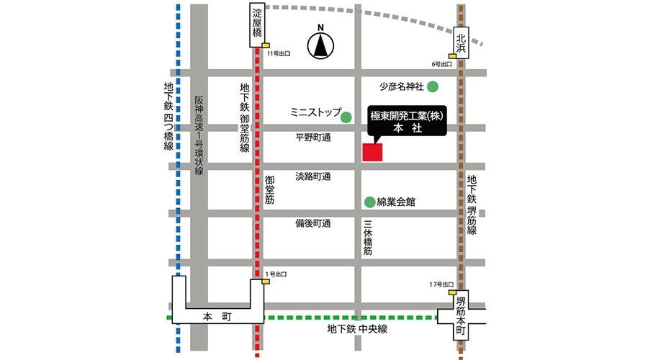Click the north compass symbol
coord(320,47)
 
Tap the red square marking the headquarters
coord(373,152)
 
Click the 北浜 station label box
coord(462,45)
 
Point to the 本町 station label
coord(214,315)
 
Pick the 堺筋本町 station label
coord(461,318)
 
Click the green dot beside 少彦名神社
coord(433,87)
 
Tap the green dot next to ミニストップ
coord(346,117)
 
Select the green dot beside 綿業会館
coord(369,202)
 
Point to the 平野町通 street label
coord(312,137)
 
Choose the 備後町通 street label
coord(312,223)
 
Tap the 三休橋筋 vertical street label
coord(367,238)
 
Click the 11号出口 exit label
coord(278,54)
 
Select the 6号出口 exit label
coord(442,64)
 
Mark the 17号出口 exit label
coord(439,285)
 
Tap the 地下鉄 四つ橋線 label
coord(168,116)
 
